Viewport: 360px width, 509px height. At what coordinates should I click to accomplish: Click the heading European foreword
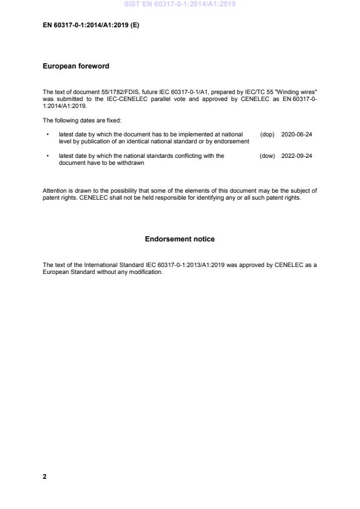pyautogui.click(x=76, y=66)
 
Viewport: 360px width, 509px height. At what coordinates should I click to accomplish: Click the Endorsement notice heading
pyautogui.click(x=179, y=239)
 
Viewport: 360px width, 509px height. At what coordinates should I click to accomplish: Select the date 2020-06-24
pyautogui.click(x=296, y=134)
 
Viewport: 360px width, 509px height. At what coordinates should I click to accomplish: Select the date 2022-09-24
pyautogui.click(x=296, y=156)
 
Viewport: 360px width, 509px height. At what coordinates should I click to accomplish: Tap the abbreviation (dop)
pyautogui.click(x=267, y=134)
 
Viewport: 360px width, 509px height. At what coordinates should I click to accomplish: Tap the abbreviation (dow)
pyautogui.click(x=267, y=156)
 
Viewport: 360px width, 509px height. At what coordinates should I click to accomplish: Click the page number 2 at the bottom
pyautogui.click(x=45, y=476)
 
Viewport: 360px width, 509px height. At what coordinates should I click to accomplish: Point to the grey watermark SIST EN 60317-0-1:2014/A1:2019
pyautogui.click(x=179, y=5)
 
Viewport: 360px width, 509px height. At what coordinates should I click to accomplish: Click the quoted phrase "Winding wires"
pyautogui.click(x=297, y=92)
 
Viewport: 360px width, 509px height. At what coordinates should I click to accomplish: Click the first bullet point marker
pyautogui.click(x=46, y=134)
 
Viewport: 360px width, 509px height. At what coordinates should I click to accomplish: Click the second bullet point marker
pyautogui.click(x=46, y=156)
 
